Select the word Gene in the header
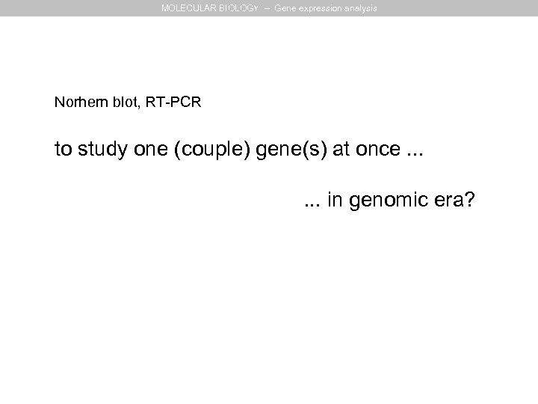[x=285, y=8]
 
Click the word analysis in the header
[x=361, y=8]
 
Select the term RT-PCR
[x=173, y=102]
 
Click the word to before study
[x=63, y=150]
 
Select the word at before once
[x=341, y=150]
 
